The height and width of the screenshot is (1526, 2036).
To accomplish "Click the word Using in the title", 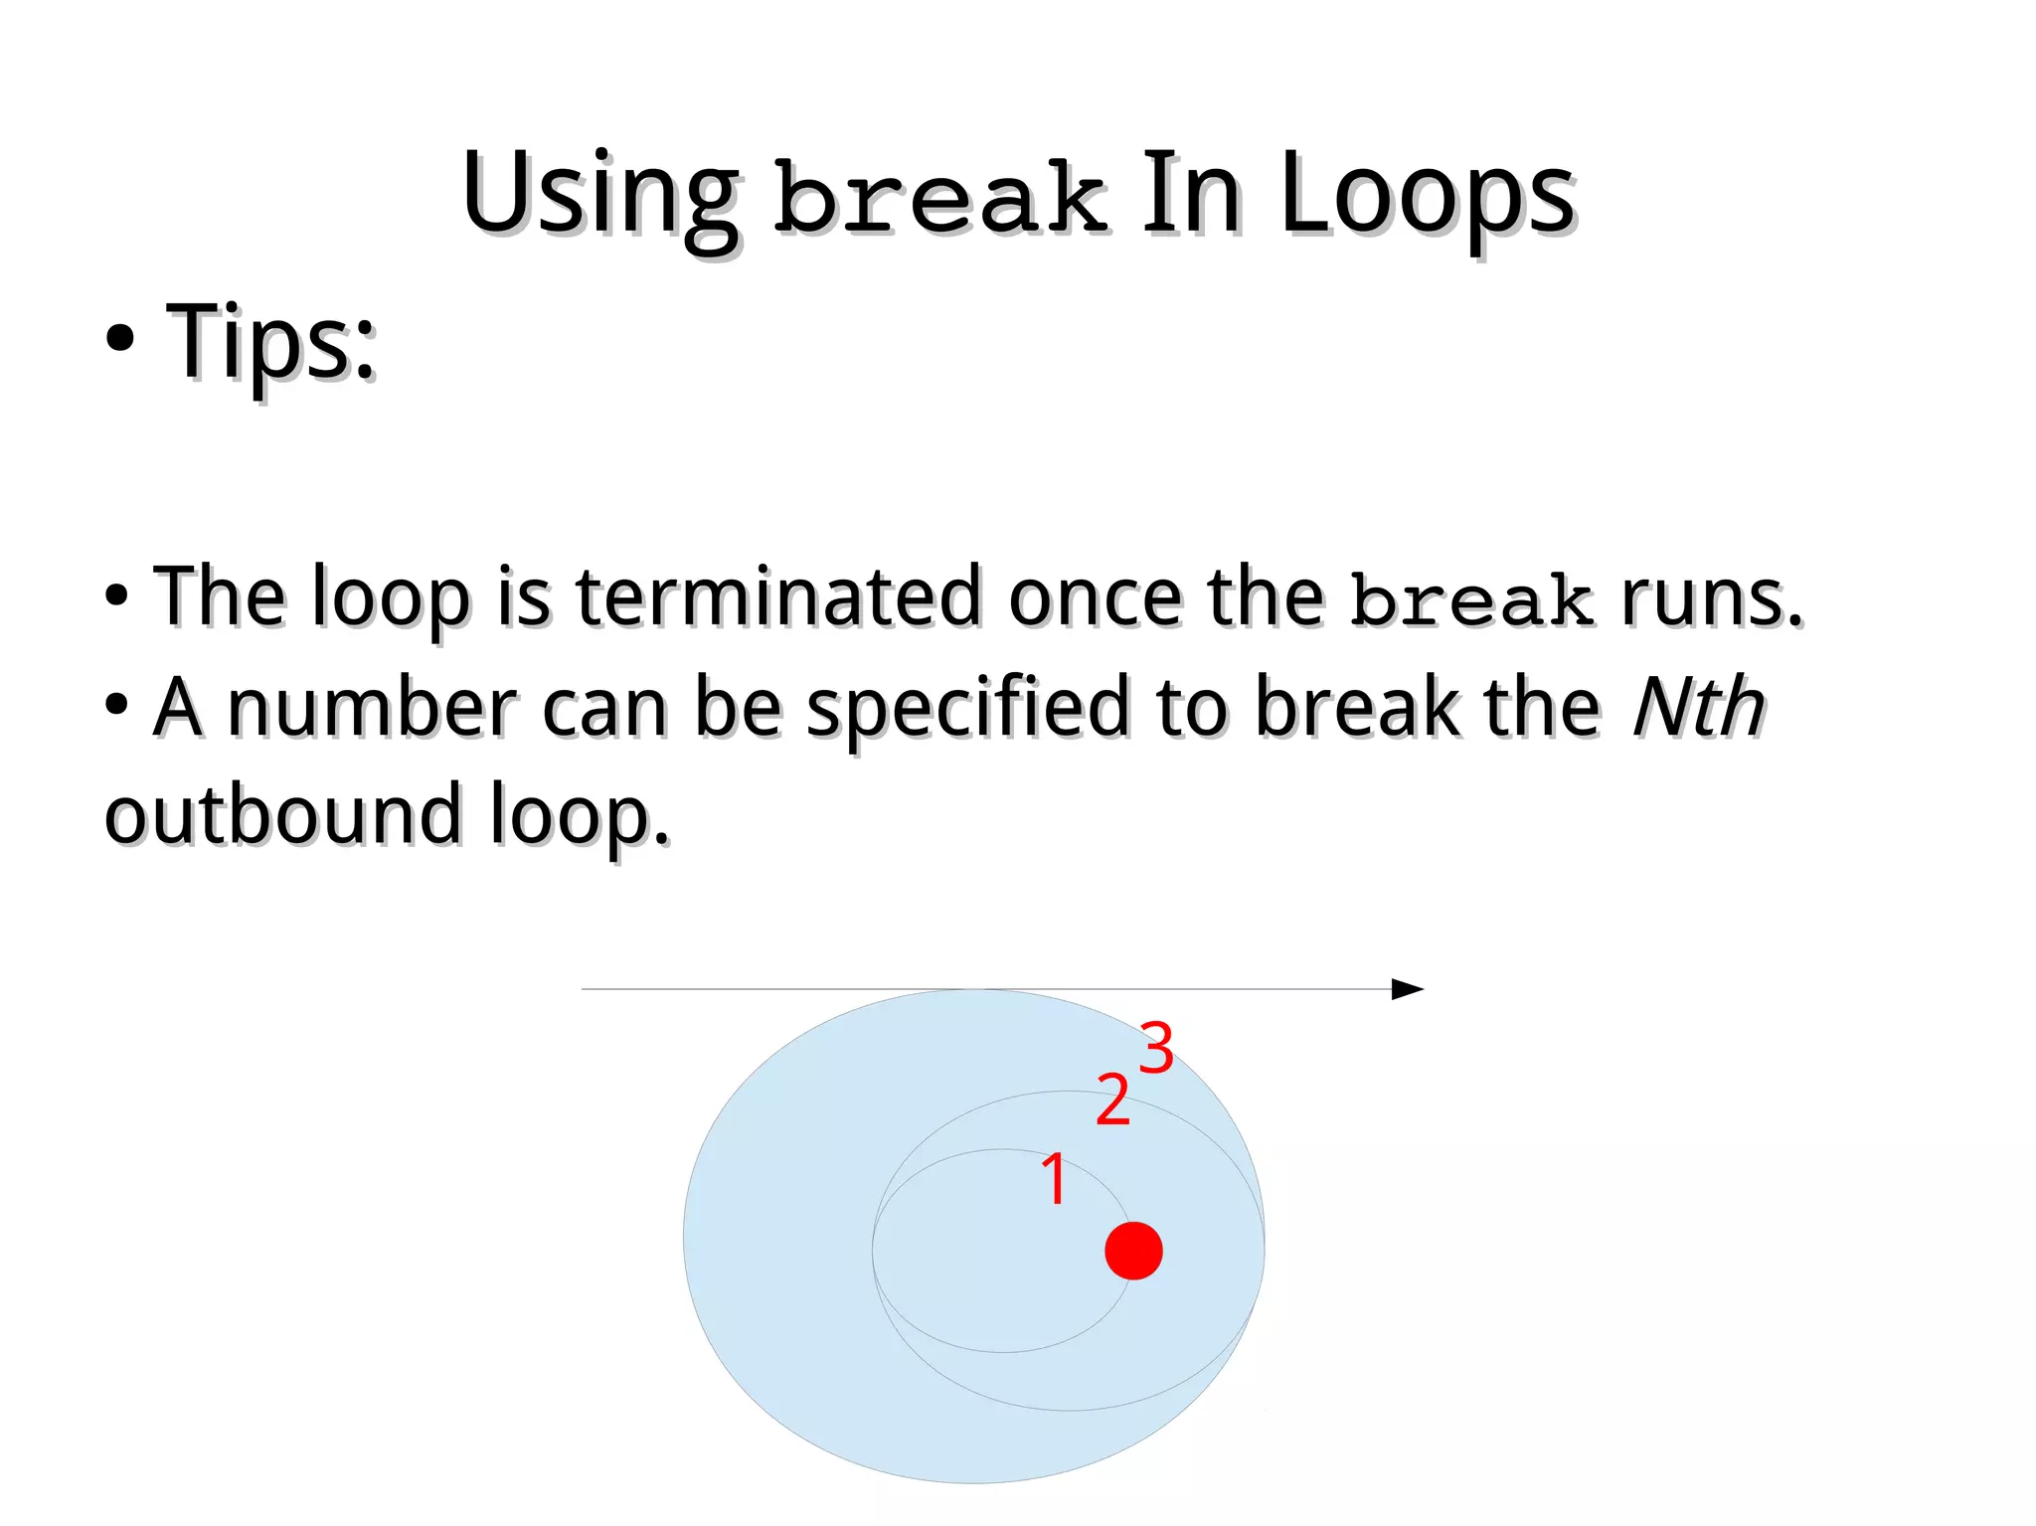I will click(599, 196).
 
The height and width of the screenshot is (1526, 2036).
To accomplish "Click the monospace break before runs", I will click(1472, 600).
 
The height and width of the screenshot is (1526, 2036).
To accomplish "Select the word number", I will click(372, 707).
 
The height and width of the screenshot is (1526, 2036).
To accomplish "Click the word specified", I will click(967, 709).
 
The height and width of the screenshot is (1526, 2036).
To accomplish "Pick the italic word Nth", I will click(1699, 707).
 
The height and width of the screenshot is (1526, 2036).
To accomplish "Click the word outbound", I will click(282, 815).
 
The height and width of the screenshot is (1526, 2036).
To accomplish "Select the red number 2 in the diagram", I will click(1112, 1101).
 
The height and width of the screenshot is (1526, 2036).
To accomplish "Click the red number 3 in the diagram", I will click(1156, 1048).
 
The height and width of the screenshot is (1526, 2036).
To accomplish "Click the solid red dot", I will click(1133, 1251).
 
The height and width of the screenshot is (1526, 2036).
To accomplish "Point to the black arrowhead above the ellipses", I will click(1407, 989).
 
